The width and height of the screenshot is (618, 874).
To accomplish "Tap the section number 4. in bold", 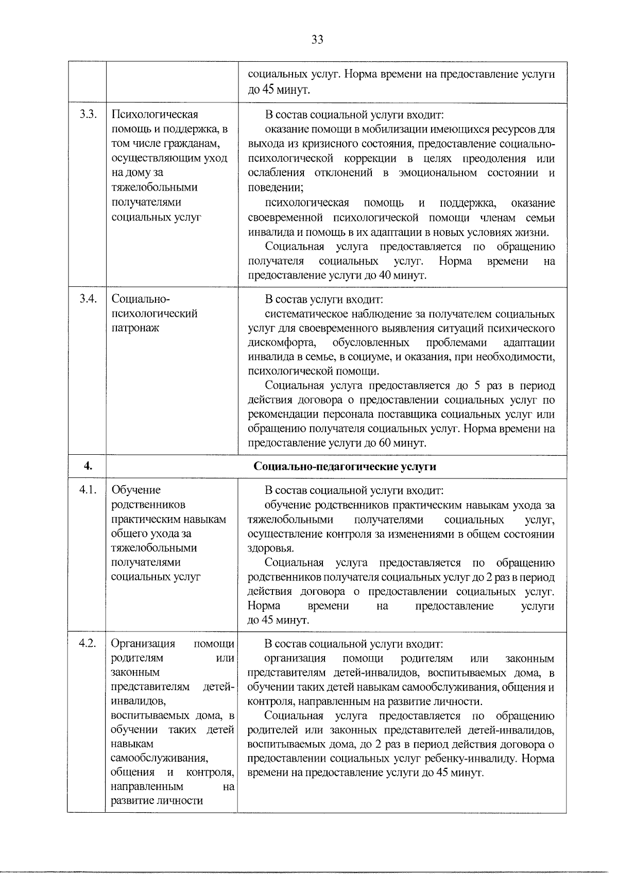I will (88, 467).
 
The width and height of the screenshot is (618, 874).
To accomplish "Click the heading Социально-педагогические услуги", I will (345, 467).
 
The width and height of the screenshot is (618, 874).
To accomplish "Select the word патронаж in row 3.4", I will (135, 328).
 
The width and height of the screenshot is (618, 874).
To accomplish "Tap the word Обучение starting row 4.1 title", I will (136, 490).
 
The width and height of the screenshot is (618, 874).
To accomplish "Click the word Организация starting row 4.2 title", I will (143, 644).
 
